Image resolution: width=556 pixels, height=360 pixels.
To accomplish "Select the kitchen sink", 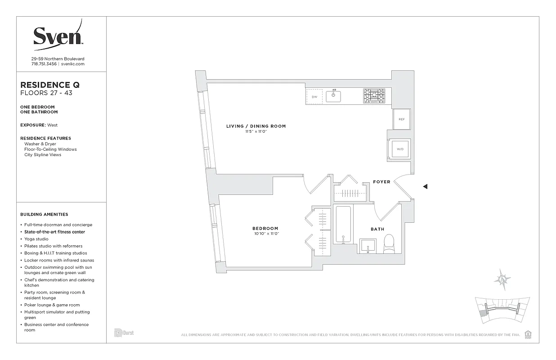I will (x=333, y=96).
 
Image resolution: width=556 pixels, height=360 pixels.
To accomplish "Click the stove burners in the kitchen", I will (x=374, y=96).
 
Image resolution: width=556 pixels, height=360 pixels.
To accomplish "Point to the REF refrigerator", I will (x=401, y=119).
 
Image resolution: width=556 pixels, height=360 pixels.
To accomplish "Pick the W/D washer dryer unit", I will (x=400, y=148).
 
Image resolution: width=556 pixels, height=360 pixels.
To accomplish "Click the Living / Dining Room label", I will (x=256, y=126).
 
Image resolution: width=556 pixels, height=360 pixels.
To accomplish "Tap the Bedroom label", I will (x=265, y=229).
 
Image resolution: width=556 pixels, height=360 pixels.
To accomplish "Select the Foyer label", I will (x=381, y=182).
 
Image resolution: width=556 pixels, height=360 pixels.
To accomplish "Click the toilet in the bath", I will (x=389, y=243).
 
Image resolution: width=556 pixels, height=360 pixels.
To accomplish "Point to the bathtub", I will (x=343, y=225).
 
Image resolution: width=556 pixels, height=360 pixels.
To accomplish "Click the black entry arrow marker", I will (x=425, y=186).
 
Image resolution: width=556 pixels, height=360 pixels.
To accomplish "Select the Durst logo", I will (x=124, y=333).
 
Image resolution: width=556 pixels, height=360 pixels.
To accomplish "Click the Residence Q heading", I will (x=50, y=85).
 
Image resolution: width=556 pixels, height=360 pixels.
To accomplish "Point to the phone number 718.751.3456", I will (x=44, y=64).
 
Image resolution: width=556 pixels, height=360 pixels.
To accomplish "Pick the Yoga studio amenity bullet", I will (x=36, y=239).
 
